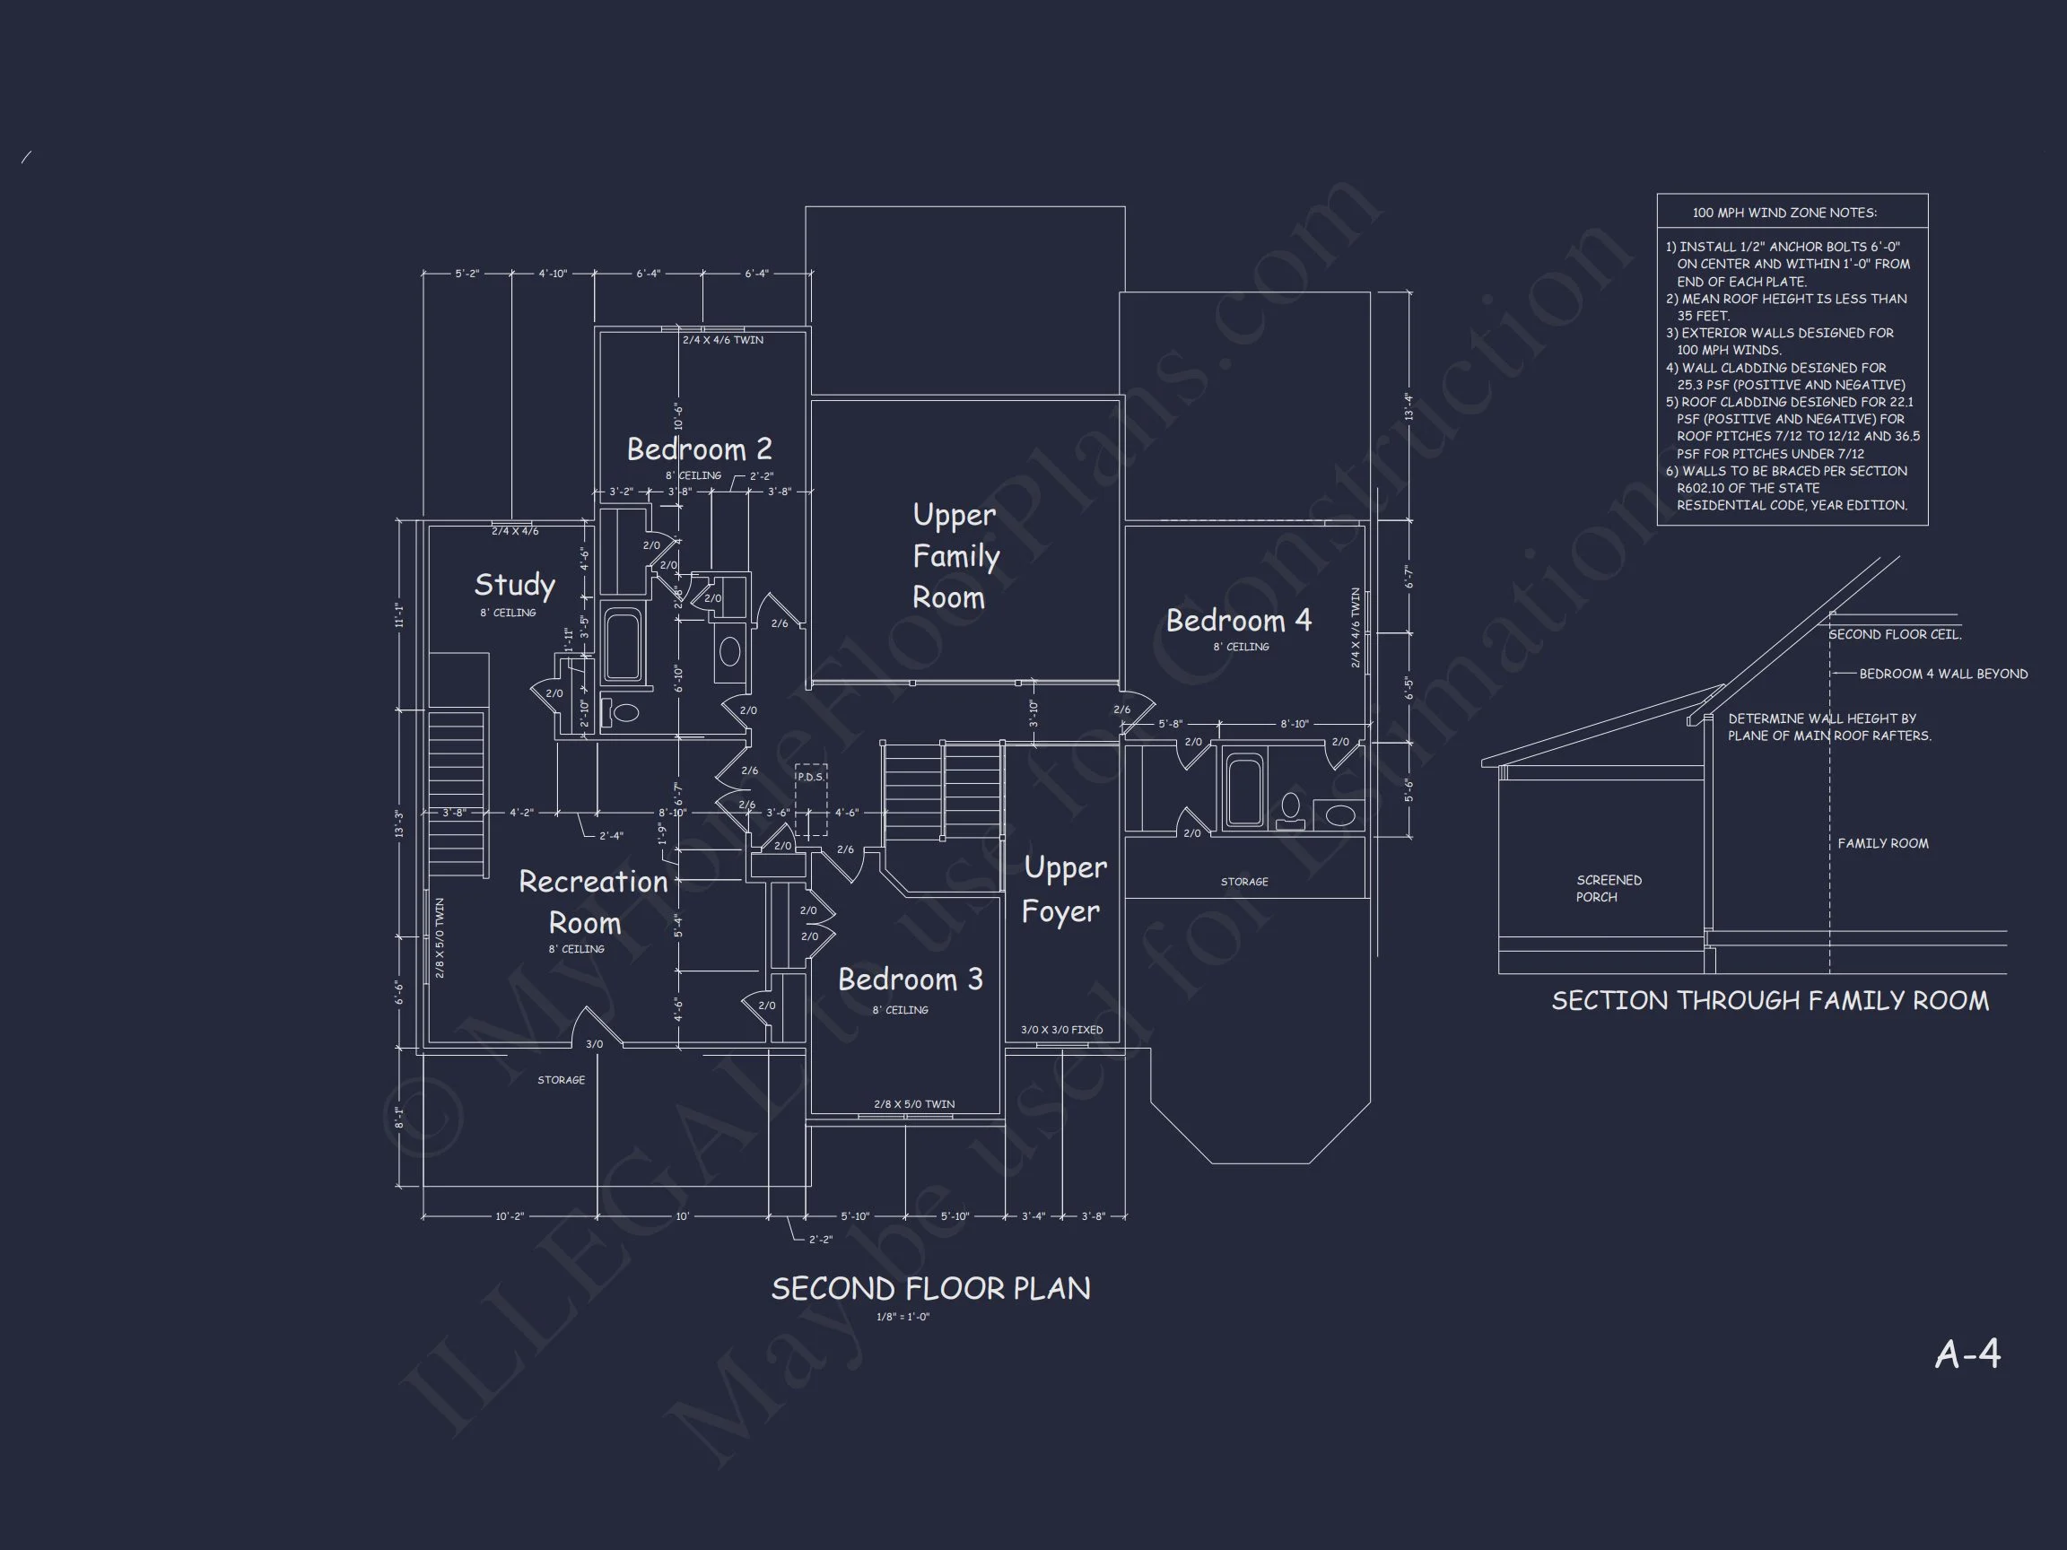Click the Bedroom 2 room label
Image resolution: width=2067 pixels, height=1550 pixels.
click(x=699, y=449)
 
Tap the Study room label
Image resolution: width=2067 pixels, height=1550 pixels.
click(x=515, y=585)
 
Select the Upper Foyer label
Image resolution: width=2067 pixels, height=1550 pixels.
click(x=1063, y=889)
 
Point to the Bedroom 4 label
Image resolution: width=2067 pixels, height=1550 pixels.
click(x=1238, y=621)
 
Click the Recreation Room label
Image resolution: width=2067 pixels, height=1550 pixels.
click(x=591, y=901)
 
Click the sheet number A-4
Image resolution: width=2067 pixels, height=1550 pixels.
click(x=1967, y=1354)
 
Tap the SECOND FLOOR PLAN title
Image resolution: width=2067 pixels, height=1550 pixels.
click(x=929, y=1289)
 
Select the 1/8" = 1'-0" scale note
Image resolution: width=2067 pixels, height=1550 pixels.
click(x=903, y=1318)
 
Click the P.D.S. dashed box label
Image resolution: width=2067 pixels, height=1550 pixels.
click(x=810, y=778)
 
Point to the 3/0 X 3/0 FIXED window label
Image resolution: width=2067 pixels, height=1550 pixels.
click(x=1061, y=1030)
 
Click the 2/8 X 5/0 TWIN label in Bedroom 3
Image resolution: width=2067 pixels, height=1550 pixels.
click(x=914, y=1104)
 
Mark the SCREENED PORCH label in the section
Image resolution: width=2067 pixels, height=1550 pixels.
click(x=1609, y=889)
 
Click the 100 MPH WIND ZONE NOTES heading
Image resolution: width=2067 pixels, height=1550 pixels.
click(x=1784, y=213)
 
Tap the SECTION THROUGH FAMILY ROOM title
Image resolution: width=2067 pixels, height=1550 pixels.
click(x=1770, y=1001)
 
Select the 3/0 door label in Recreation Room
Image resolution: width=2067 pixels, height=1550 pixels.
click(x=594, y=1043)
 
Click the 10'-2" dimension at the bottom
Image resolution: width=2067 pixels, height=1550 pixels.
click(x=510, y=1216)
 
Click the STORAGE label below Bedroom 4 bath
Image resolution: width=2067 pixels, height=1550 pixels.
click(x=1243, y=882)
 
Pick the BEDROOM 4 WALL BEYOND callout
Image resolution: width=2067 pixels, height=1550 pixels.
click(x=1942, y=674)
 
